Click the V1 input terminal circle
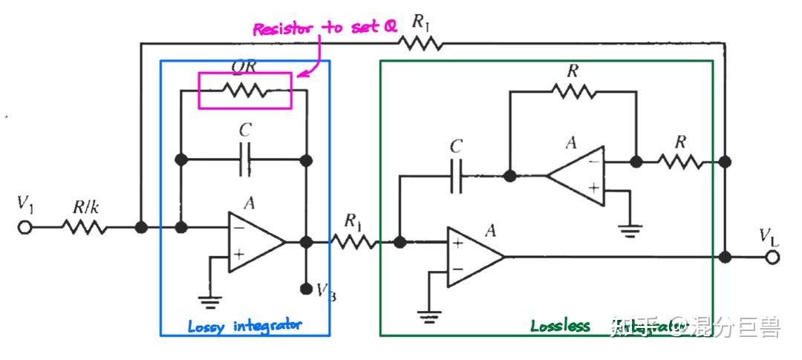click(25, 227)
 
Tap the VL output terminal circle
click(774, 257)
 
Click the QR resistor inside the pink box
click(245, 90)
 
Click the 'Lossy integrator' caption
click(244, 326)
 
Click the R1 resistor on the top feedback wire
click(421, 44)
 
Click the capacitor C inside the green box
click(456, 176)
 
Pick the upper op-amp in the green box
click(576, 176)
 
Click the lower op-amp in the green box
click(475, 257)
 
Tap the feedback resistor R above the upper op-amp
click(573, 91)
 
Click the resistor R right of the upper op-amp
click(679, 160)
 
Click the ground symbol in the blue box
click(211, 300)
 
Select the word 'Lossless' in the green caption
click(560, 326)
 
